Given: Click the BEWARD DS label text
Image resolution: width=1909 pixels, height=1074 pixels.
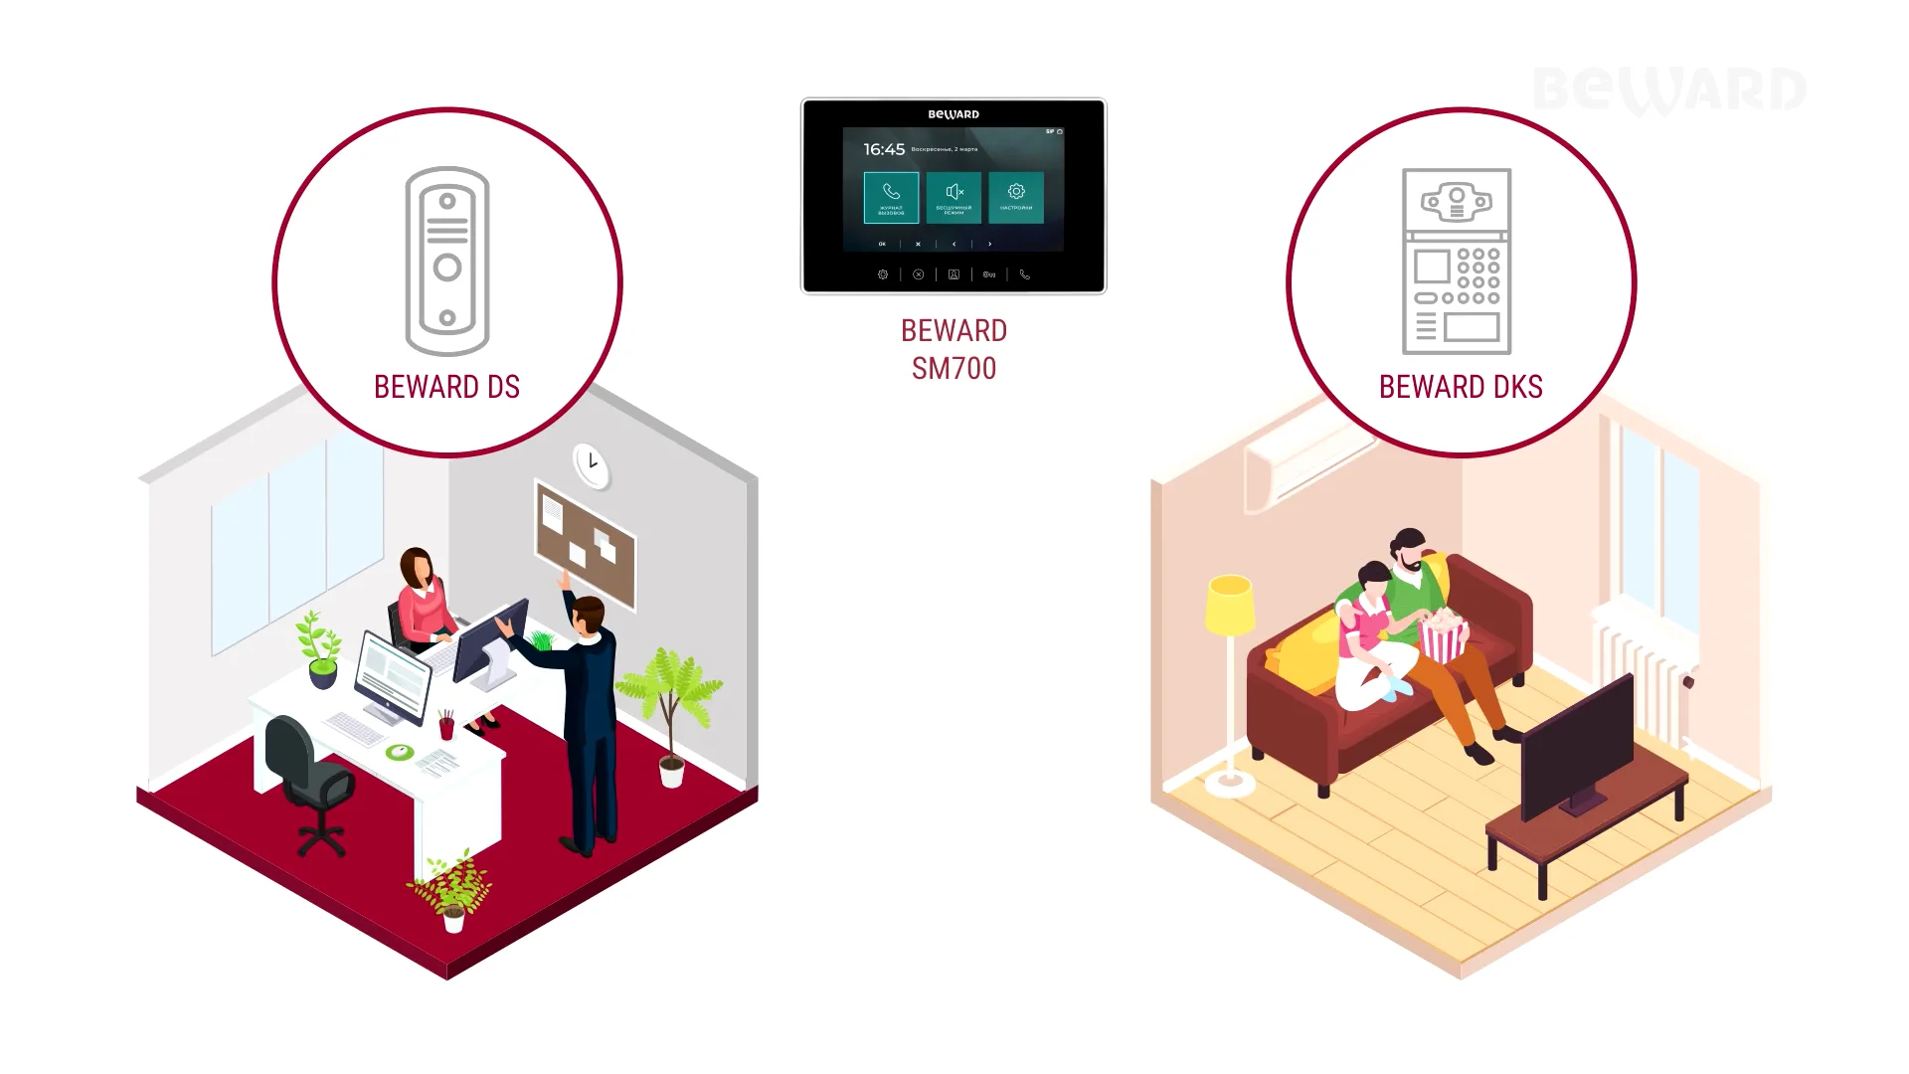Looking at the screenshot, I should (x=446, y=387).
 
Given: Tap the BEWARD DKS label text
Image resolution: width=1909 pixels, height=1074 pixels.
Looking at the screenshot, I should (x=1460, y=387).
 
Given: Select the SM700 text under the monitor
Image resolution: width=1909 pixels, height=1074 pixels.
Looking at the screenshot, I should (x=954, y=369).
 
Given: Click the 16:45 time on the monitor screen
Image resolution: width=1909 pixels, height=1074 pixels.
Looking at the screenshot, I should (x=884, y=149).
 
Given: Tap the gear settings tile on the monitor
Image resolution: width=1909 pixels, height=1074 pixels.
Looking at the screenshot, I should (x=1015, y=196).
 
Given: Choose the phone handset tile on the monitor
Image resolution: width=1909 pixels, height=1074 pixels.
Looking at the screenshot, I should (x=891, y=196).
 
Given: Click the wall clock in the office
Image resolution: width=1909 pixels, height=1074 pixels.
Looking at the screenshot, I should (x=592, y=463).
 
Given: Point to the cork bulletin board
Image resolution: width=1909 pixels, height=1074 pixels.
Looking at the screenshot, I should (x=586, y=544).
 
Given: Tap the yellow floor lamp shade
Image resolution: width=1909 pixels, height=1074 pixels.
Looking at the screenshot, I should (x=1230, y=603).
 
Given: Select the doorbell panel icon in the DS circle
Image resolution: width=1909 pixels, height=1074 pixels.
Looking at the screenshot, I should (x=447, y=261).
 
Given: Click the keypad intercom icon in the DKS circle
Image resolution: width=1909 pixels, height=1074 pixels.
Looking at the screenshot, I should (x=1457, y=261).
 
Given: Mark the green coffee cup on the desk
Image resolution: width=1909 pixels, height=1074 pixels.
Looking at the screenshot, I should (x=400, y=752).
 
